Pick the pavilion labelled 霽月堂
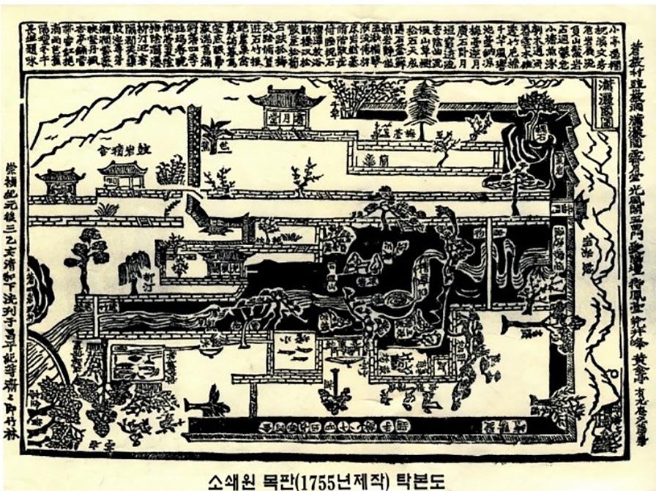pyautogui.click(x=286, y=107)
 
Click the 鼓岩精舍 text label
pyautogui.click(x=124, y=150)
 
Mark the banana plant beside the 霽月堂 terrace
pyautogui.click(x=216, y=134)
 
